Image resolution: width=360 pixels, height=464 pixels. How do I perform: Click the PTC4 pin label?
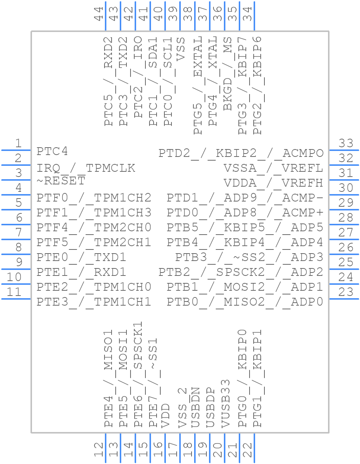coord(52,152)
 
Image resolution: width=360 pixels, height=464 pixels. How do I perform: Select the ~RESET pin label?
coord(61,181)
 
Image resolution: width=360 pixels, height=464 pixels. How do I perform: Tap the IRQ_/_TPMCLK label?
coord(86,168)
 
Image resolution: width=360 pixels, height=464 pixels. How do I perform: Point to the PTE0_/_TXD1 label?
coord(81,257)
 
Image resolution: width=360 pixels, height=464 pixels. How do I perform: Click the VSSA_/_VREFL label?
coord(273,168)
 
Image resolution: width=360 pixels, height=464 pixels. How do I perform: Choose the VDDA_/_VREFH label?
coord(273,183)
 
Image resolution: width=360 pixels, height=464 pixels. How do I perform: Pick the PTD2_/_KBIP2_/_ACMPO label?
coord(241,153)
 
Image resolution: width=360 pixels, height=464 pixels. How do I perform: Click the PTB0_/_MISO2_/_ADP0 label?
coord(245,302)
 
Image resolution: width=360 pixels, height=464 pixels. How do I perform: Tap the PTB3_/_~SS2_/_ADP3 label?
coord(249,257)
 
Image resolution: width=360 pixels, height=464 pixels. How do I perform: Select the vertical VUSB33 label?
coord(226,403)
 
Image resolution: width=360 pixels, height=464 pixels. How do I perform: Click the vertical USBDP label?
coord(210,407)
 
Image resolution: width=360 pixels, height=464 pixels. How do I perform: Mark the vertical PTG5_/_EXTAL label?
coord(197,85)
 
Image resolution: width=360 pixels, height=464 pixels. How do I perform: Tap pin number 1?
coord(18,143)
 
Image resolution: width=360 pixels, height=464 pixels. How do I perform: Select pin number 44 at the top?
coord(99,14)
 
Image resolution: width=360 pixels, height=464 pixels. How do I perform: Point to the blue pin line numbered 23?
coord(344,299)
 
